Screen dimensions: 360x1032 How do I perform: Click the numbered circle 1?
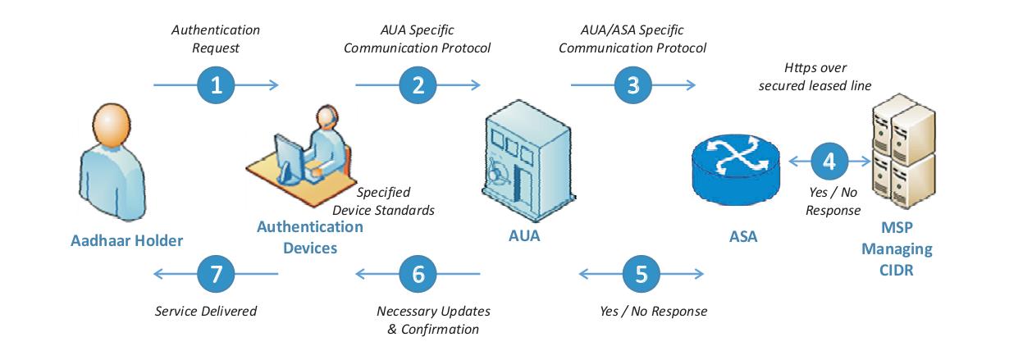click(217, 84)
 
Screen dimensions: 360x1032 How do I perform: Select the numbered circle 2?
click(418, 84)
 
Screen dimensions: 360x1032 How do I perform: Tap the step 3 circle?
click(632, 84)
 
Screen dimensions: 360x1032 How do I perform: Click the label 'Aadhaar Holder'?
click(126, 240)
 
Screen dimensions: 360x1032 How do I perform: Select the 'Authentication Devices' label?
click(298, 237)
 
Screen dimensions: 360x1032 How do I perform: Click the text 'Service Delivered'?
click(206, 311)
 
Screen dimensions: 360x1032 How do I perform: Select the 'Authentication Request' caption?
click(216, 39)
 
